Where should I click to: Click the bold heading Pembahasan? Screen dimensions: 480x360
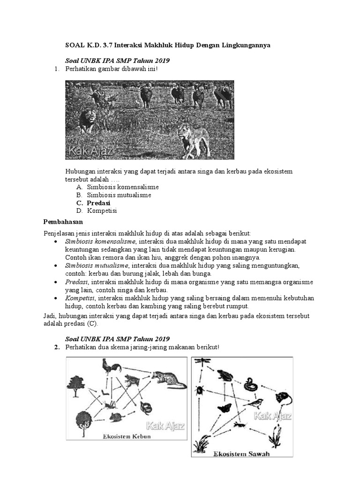pos(63,221)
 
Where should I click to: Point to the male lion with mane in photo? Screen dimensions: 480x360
pos(88,120)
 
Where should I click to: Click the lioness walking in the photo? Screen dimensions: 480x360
pos(194,139)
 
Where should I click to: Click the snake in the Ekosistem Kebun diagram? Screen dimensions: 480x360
pos(146,407)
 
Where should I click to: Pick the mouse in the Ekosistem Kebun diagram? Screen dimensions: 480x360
pos(115,416)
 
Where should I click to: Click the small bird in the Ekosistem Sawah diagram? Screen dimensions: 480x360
pos(255,403)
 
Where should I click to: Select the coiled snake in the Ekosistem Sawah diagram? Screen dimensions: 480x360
pos(251,384)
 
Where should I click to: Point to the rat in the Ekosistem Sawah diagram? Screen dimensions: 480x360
pos(283,399)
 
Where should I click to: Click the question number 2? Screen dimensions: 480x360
pos(56,347)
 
